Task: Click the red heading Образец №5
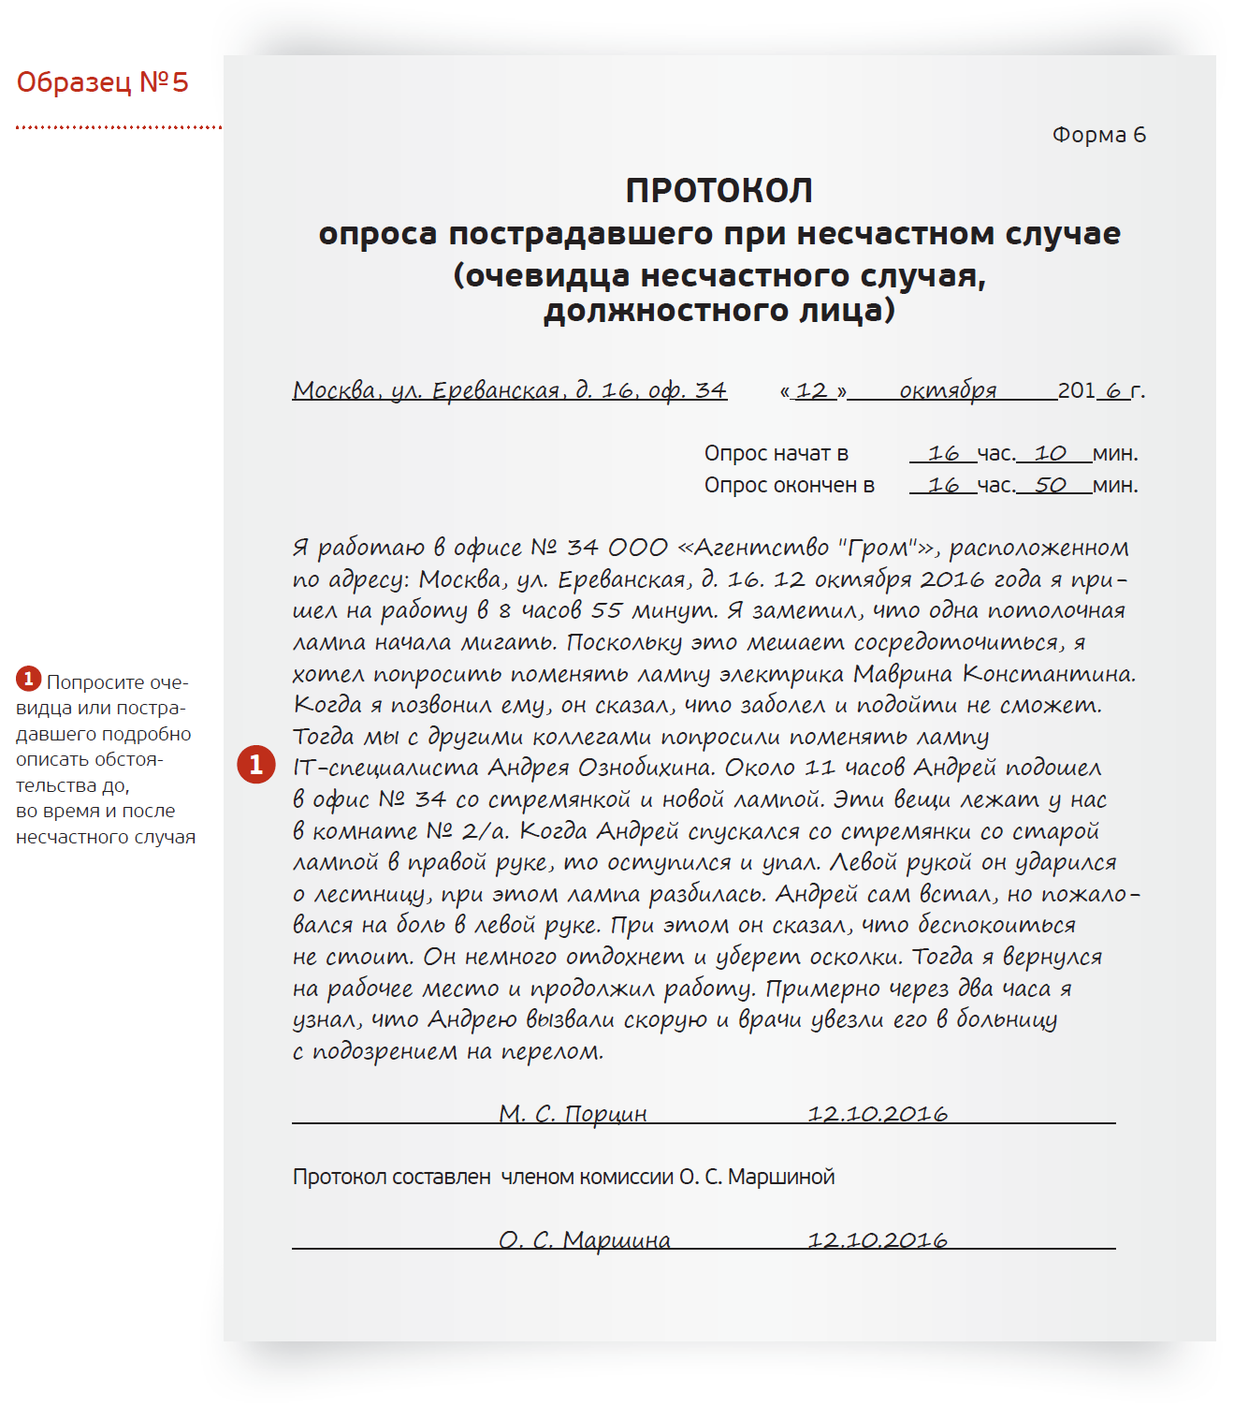(102, 82)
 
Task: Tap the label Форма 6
(1098, 135)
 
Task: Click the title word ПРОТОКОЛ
(719, 191)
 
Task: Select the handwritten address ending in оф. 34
(510, 390)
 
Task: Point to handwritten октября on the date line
(948, 390)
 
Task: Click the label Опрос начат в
(776, 454)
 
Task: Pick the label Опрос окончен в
(789, 486)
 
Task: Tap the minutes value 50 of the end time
(1050, 486)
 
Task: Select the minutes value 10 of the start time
(1050, 454)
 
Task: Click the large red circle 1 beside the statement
(255, 765)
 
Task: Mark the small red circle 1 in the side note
(28, 679)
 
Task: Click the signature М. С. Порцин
(573, 1114)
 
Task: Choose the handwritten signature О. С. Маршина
(584, 1240)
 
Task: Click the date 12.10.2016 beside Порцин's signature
(878, 1114)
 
